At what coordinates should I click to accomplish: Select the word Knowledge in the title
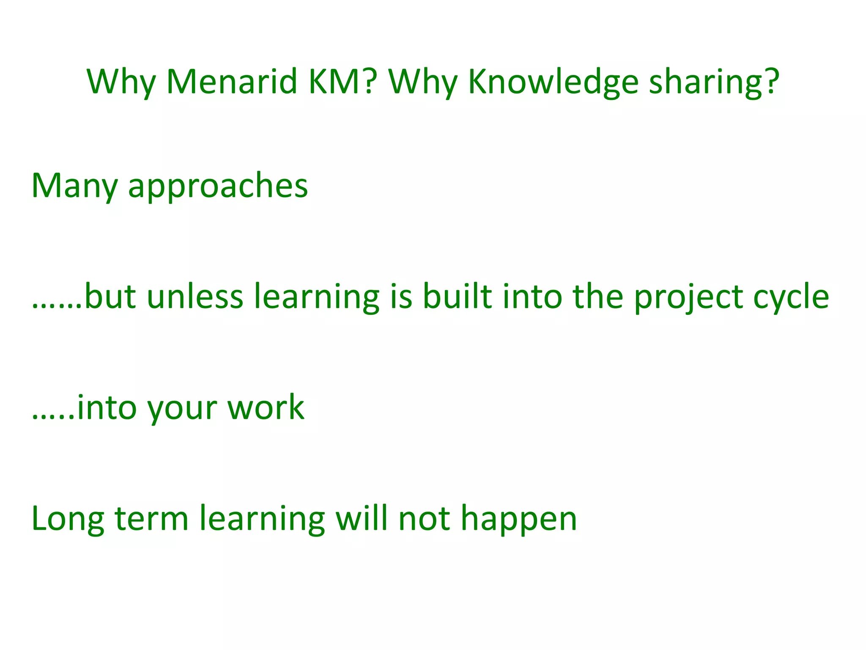pyautogui.click(x=553, y=82)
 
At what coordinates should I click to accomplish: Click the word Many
pyautogui.click(x=74, y=186)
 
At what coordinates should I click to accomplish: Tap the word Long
pyautogui.click(x=68, y=520)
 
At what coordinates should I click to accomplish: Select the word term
pyautogui.click(x=151, y=519)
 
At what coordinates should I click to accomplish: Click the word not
pyautogui.click(x=424, y=519)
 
